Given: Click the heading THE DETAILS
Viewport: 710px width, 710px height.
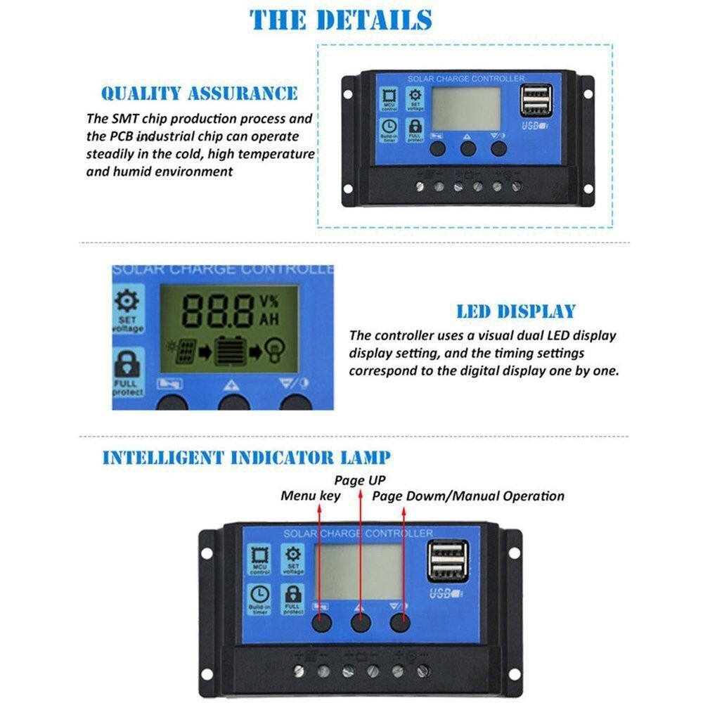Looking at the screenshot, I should (x=340, y=20).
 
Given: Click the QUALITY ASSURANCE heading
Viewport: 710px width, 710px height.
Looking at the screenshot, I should (x=199, y=93).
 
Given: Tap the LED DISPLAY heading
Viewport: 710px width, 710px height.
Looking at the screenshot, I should (x=515, y=311).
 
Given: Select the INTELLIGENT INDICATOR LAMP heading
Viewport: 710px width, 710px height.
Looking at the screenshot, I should (x=246, y=458).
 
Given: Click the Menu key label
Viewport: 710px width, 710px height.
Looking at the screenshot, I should (x=310, y=496).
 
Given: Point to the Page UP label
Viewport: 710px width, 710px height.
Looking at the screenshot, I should (x=360, y=480).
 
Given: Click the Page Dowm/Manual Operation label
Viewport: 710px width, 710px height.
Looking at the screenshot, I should (x=467, y=496).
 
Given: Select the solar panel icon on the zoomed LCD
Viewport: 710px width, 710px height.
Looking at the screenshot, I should (x=184, y=350).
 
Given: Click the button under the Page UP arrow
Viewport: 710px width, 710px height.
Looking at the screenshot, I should (x=361, y=621).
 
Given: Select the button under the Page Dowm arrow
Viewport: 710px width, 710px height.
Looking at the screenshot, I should (x=400, y=621).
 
